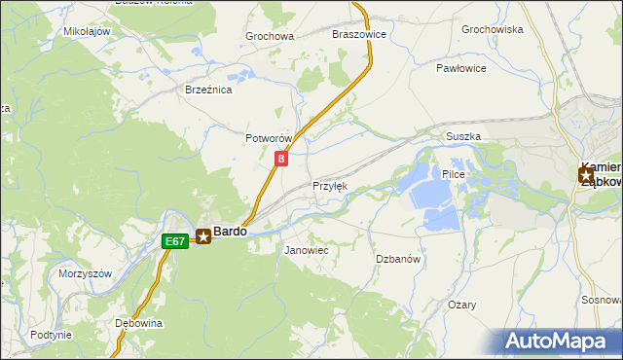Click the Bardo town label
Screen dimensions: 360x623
coord(230,232)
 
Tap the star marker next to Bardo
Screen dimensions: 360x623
coord(203,235)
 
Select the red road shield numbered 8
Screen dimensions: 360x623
coord(281,158)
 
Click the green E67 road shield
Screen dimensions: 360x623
coord(174,240)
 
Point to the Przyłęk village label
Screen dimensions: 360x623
coord(329,186)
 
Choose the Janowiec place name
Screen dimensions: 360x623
coord(306,250)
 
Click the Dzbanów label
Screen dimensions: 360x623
coord(398,259)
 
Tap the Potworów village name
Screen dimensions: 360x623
coord(269,139)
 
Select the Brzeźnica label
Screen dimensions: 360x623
coord(208,90)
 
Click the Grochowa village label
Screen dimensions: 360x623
coord(270,37)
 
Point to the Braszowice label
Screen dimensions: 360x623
coord(359,34)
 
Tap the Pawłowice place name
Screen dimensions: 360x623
coord(460,69)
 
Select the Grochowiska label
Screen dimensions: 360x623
coord(493,29)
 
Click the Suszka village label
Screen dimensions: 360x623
coord(463,137)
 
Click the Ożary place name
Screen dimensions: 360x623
coord(462,305)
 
